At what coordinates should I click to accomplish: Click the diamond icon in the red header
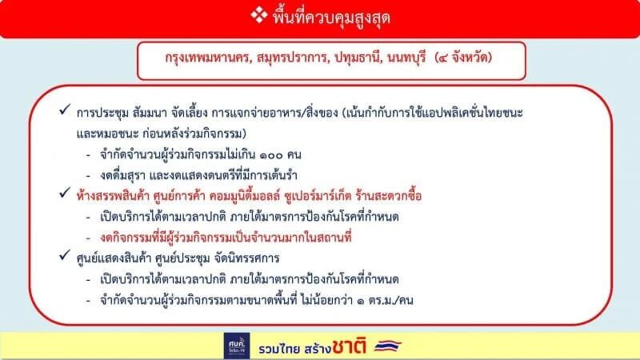pyautogui.click(x=258, y=15)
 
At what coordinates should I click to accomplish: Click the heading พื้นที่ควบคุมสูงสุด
pyautogui.click(x=331, y=18)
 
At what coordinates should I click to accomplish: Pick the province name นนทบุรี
pyautogui.click(x=406, y=58)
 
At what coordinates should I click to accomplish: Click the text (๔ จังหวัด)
pyautogui.click(x=463, y=57)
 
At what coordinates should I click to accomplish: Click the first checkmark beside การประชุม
pyautogui.click(x=65, y=110)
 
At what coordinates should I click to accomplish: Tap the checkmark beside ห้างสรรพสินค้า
pyautogui.click(x=65, y=193)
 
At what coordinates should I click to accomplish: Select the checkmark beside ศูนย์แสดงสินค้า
pyautogui.click(x=65, y=255)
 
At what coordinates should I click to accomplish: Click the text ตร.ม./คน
pyautogui.click(x=390, y=301)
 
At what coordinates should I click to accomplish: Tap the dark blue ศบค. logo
pyautogui.click(x=237, y=346)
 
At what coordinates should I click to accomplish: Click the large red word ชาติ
pyautogui.click(x=349, y=346)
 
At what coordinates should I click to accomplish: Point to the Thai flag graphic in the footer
pyautogui.click(x=388, y=346)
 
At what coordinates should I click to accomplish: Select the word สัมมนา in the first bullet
pyautogui.click(x=150, y=112)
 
